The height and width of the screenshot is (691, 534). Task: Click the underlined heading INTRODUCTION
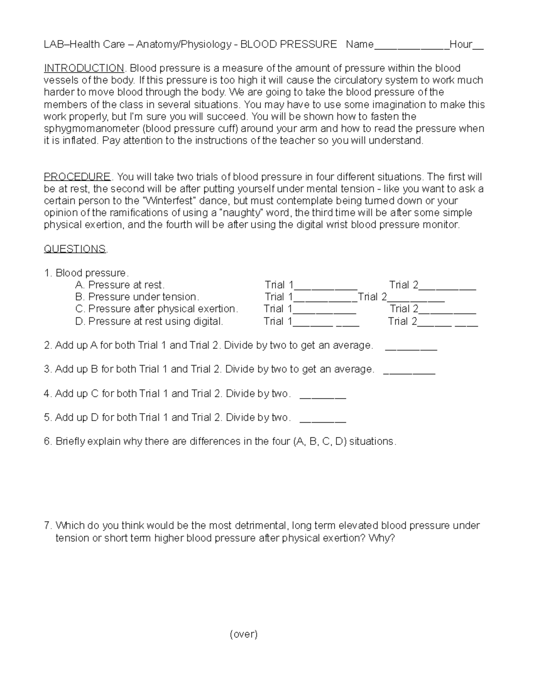(x=84, y=68)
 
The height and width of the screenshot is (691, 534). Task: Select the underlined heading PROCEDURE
(x=77, y=177)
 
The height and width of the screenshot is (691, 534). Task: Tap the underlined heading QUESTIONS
(x=75, y=249)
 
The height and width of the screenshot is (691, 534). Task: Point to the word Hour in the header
(x=461, y=44)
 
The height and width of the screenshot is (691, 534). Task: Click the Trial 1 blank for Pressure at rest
(x=325, y=287)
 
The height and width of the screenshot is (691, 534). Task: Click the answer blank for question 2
(x=411, y=348)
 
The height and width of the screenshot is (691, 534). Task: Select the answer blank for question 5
(x=323, y=420)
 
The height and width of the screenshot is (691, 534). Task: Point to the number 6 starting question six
(x=47, y=441)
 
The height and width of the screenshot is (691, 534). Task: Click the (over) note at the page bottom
(x=243, y=634)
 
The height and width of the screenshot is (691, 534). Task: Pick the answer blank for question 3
(x=409, y=372)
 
